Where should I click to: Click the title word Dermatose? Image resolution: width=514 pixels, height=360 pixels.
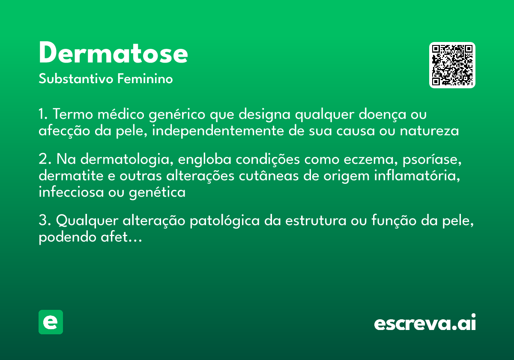tap(113, 54)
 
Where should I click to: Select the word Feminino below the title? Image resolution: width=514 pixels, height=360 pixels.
tap(145, 79)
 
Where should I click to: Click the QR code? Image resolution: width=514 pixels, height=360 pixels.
tap(452, 65)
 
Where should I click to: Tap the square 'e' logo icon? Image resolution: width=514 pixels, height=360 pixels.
tap(51, 322)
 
